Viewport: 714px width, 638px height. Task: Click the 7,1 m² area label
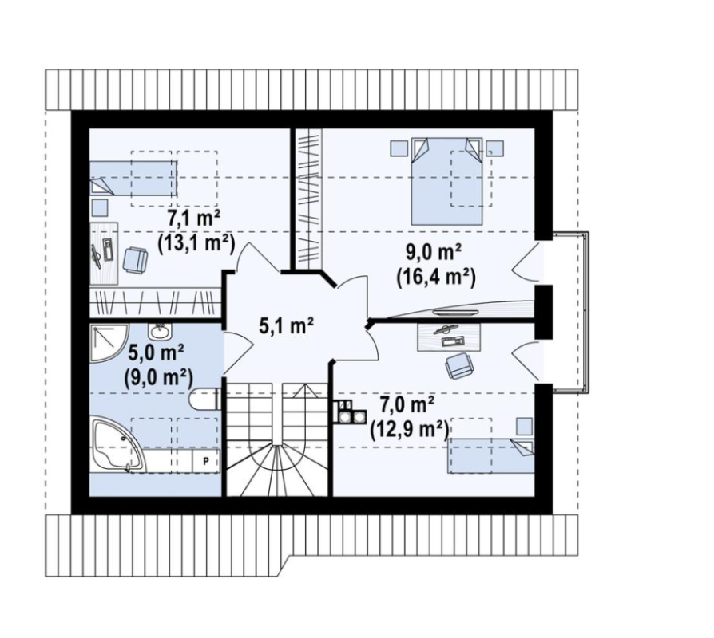point(194,219)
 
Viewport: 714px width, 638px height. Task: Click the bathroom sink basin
point(160,332)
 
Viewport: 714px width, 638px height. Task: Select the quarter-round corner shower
point(109,344)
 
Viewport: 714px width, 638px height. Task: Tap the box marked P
point(206,462)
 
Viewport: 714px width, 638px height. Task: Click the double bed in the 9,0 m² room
point(446,181)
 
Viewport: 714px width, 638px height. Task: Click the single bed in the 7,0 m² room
point(491,455)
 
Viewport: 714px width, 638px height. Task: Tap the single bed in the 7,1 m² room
point(133,178)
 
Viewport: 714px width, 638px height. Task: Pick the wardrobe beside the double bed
point(309,198)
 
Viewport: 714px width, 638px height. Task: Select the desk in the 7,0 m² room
point(449,337)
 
